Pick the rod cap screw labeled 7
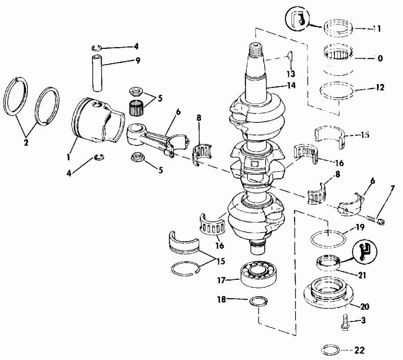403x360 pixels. pyautogui.click(x=374, y=220)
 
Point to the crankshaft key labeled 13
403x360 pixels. pyautogui.click(x=289, y=56)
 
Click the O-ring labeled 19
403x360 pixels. pyautogui.click(x=329, y=237)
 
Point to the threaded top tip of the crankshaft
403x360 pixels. pyautogui.click(x=255, y=47)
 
